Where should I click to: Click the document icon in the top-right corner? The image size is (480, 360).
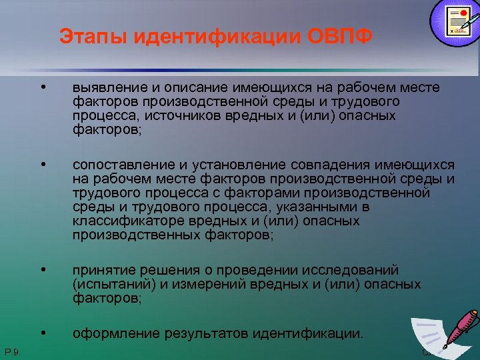coord(455,21)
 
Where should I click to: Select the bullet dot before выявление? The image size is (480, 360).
coord(43,88)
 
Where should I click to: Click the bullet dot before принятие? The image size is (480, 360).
coord(43,270)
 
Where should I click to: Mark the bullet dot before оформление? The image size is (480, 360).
coord(43,331)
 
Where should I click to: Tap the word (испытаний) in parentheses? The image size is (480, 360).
coord(109,285)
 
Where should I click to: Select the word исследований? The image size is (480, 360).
coord(353,270)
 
